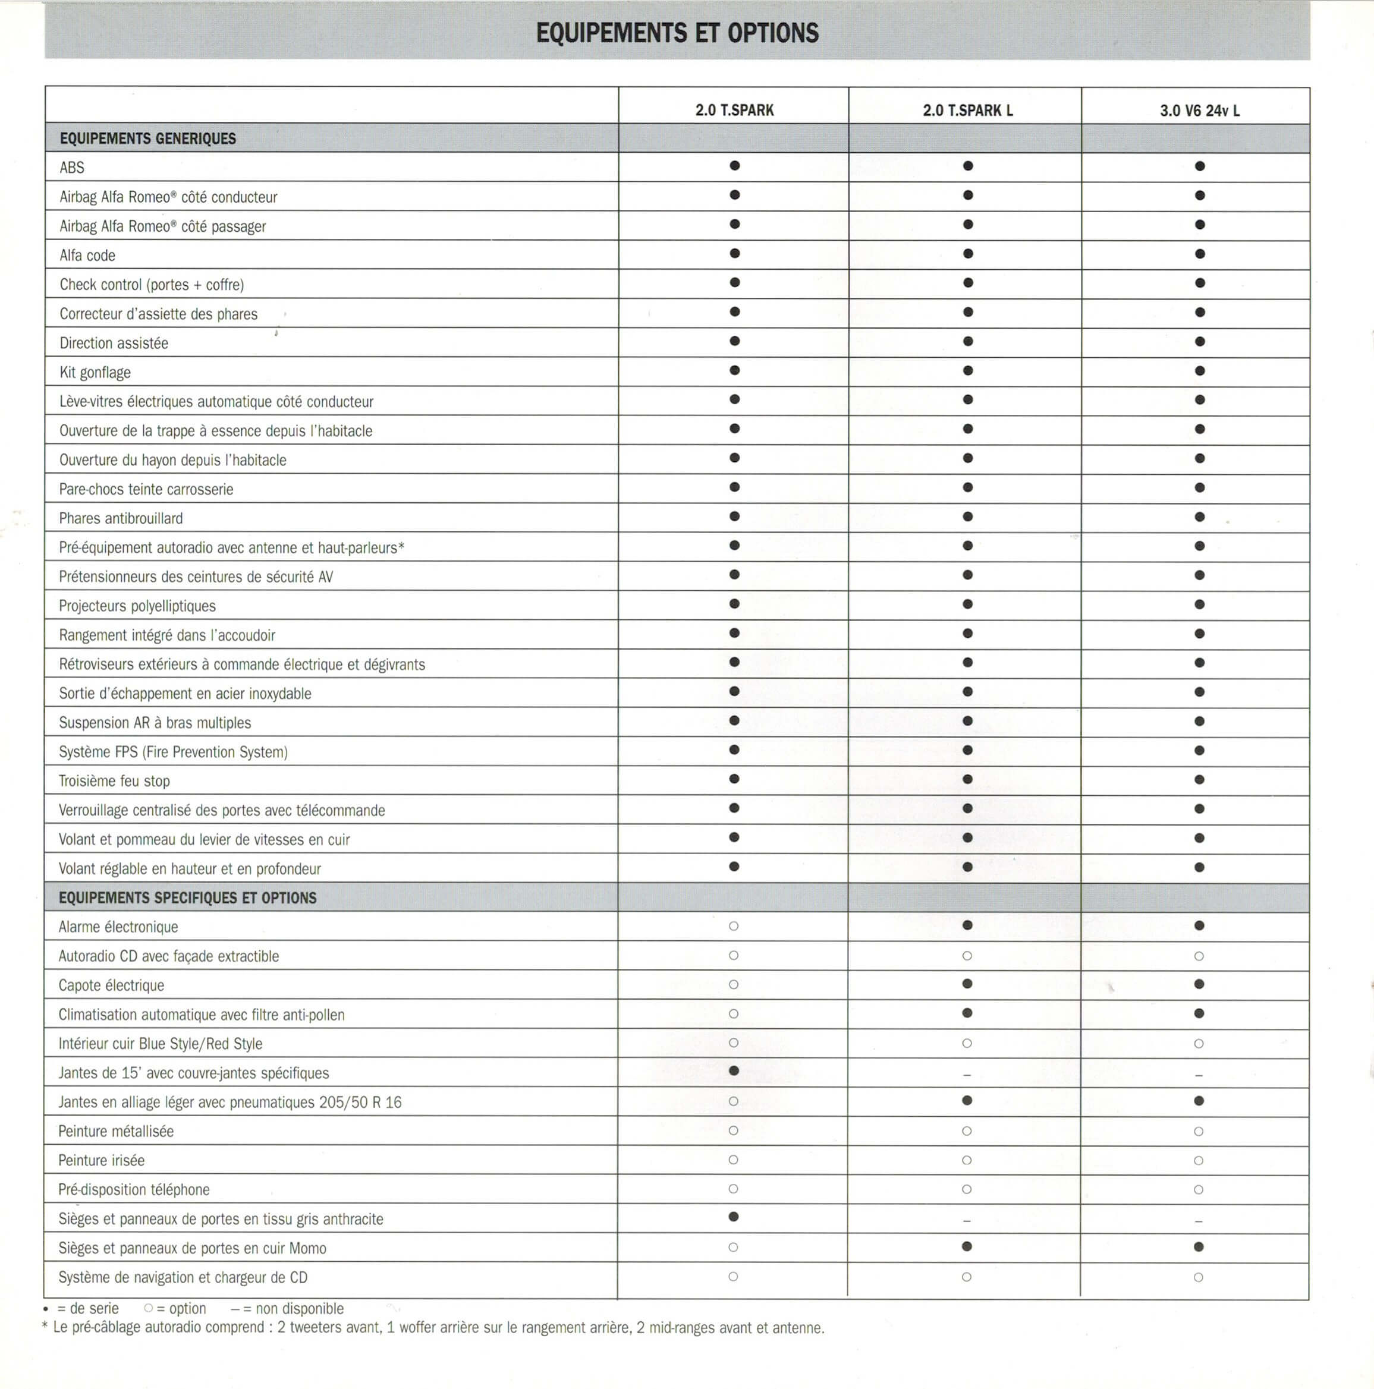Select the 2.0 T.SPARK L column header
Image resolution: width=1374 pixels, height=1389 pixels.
[x=967, y=110]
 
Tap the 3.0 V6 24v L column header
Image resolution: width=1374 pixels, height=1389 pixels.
[x=1199, y=111]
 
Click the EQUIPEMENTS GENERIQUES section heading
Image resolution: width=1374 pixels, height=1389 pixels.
[x=147, y=138]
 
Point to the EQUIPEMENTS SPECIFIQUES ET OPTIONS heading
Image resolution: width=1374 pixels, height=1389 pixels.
[x=187, y=898]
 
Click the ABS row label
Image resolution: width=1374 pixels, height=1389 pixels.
[x=72, y=168]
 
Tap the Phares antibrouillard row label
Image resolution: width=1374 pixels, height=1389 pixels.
[x=121, y=518]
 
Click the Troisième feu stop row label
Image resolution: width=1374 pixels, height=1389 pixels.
[x=114, y=781]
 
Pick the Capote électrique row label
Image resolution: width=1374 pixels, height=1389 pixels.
[x=111, y=985]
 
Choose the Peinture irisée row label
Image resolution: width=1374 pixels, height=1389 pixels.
[x=102, y=1160]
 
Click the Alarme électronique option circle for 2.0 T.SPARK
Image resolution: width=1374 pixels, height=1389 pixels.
[x=734, y=926]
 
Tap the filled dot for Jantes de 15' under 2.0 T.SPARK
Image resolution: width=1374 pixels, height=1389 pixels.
[x=734, y=1070]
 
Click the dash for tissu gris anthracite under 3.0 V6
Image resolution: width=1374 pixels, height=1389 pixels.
[x=1199, y=1221]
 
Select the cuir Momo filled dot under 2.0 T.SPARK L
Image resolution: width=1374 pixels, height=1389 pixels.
[x=967, y=1246]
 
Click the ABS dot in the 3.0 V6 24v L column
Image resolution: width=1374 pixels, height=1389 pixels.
[x=1199, y=166]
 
